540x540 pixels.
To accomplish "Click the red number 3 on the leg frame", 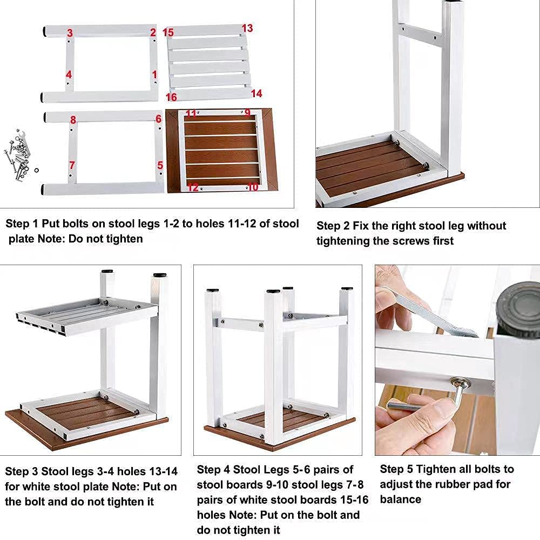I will click(70, 33).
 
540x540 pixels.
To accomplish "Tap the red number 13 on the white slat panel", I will click(247, 28).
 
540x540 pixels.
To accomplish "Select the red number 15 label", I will click(168, 33).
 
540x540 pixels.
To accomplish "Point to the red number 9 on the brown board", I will click(248, 113).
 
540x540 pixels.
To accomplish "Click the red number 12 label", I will click(193, 187).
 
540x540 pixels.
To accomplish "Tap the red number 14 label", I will click(256, 93).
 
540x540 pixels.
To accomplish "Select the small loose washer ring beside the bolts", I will click(36, 171).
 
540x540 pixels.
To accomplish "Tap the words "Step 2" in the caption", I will click(333, 226).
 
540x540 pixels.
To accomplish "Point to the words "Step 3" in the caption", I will click(21, 471).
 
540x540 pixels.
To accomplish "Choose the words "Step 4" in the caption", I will click(213, 470).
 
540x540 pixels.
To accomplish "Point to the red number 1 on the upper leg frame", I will click(154, 74).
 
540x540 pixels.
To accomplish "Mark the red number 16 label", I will click(171, 97).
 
